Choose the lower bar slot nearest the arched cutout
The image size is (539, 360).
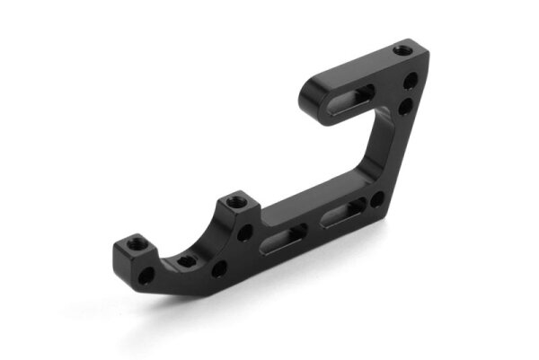click(284, 237)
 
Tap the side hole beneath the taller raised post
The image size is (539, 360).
click(243, 233)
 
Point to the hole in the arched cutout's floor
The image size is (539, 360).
click(184, 261)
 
